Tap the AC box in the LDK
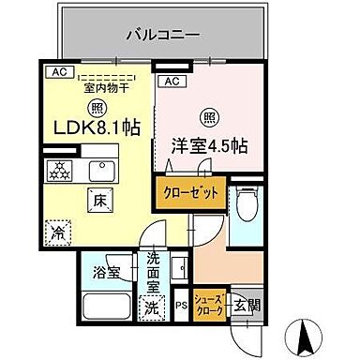coord(57,70)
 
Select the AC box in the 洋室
coord(171,82)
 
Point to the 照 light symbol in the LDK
coord(97,107)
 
